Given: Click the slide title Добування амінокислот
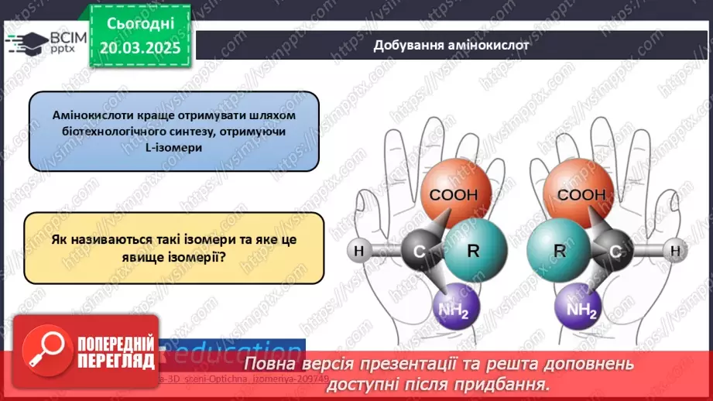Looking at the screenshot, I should pyautogui.click(x=451, y=44).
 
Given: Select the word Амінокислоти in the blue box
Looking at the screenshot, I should pyautogui.click(x=88, y=115).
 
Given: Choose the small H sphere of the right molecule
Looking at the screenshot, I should pyautogui.click(x=674, y=251).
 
